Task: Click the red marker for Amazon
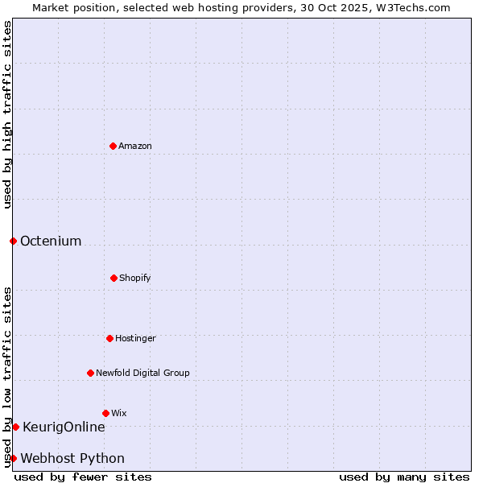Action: click(x=113, y=146)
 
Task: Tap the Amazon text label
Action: click(x=135, y=147)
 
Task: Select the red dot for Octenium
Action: click(x=13, y=241)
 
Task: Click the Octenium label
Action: click(x=51, y=242)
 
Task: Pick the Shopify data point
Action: click(x=114, y=278)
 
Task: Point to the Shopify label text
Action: click(x=135, y=279)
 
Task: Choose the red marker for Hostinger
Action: click(x=109, y=338)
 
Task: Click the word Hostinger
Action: click(x=135, y=339)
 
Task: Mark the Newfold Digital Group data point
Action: click(x=90, y=373)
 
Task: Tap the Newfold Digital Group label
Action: click(x=142, y=374)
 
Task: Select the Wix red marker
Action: click(x=105, y=413)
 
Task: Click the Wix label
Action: click(x=119, y=414)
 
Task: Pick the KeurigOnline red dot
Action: click(x=15, y=427)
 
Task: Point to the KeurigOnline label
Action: click(x=64, y=427)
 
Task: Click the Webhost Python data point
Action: click(x=13, y=458)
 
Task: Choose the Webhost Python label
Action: click(x=72, y=459)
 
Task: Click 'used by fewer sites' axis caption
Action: click(x=83, y=477)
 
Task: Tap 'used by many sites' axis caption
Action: click(x=404, y=477)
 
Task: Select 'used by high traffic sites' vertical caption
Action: click(x=7, y=114)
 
